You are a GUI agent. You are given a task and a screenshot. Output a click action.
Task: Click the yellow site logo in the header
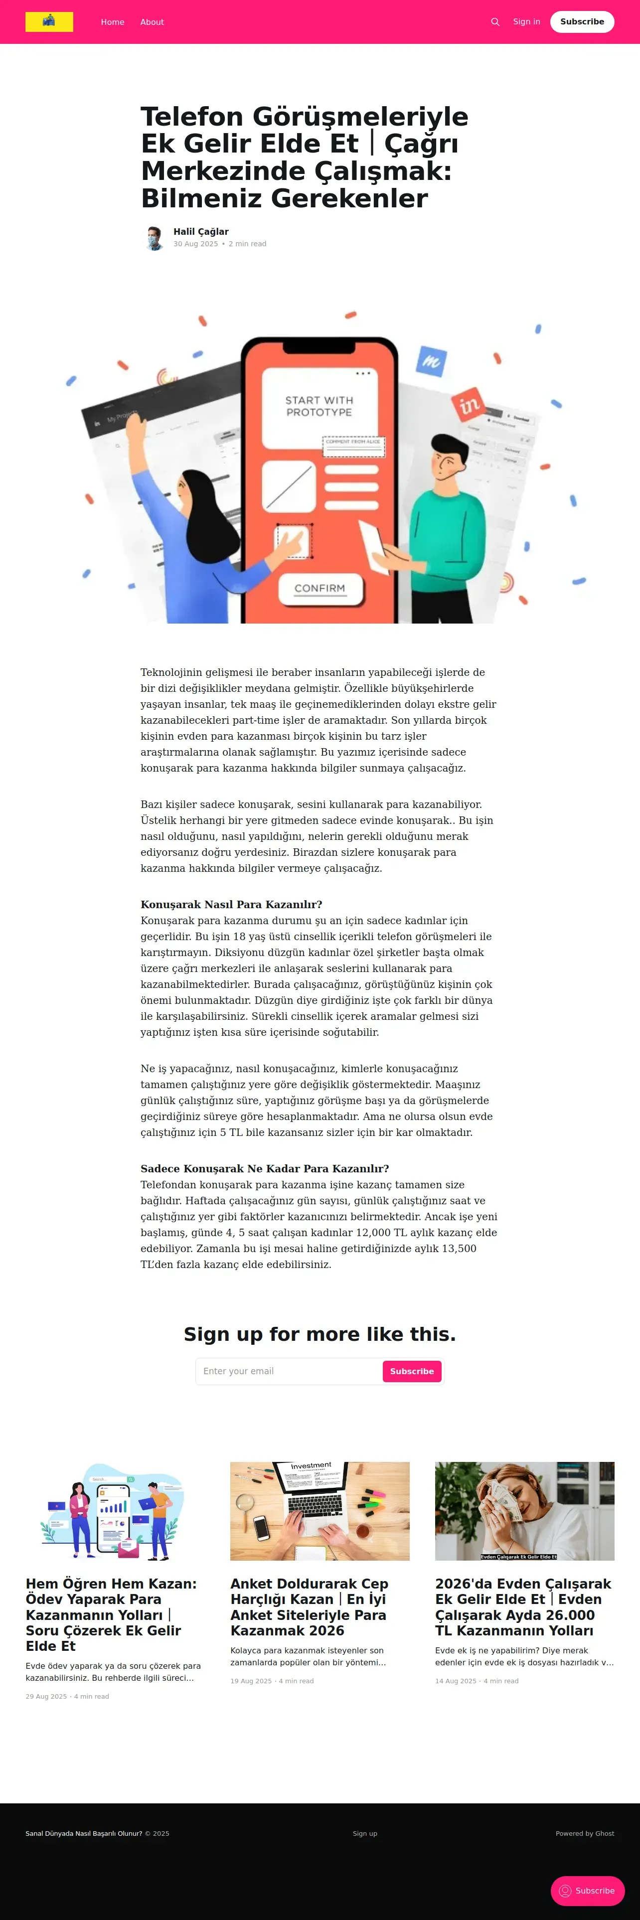[49, 21]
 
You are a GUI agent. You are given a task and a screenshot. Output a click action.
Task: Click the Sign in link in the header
[526, 21]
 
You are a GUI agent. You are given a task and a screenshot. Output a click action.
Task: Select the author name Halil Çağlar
[200, 232]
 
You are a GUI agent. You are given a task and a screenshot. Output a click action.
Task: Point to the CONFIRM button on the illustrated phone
[320, 588]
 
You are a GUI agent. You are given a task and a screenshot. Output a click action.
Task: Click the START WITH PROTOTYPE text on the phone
[319, 406]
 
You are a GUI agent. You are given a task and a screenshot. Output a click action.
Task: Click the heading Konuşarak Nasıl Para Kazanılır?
[231, 905]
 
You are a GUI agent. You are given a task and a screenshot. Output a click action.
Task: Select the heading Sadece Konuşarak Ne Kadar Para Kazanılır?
[265, 1169]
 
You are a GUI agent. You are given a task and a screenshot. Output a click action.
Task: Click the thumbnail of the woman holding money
[524, 1511]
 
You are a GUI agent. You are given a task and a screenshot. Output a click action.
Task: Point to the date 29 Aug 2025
[46, 1696]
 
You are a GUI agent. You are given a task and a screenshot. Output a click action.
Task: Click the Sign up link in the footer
[365, 1834]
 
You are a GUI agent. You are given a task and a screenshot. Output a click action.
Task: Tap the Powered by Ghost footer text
[584, 1834]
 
